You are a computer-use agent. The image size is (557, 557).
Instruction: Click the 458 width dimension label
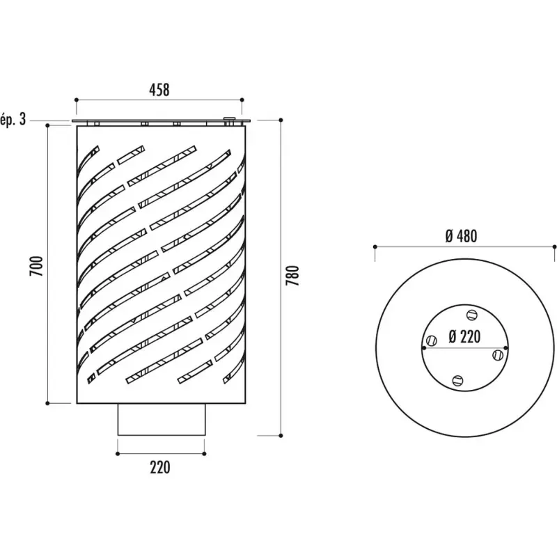tap(159, 90)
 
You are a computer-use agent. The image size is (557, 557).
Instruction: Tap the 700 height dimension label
tap(37, 266)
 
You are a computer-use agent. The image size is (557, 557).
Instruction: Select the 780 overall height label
tap(293, 275)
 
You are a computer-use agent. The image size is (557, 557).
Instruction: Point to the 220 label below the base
tap(160, 467)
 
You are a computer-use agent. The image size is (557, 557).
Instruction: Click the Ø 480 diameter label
tap(461, 236)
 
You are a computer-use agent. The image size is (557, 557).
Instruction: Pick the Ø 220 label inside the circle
tap(464, 336)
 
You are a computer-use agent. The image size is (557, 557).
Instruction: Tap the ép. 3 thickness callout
tap(13, 119)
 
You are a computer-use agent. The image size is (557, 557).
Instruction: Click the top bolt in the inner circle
tap(472, 315)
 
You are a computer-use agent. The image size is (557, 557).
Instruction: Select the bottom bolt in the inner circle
tap(458, 381)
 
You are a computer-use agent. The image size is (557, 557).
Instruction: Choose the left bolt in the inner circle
tap(432, 340)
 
